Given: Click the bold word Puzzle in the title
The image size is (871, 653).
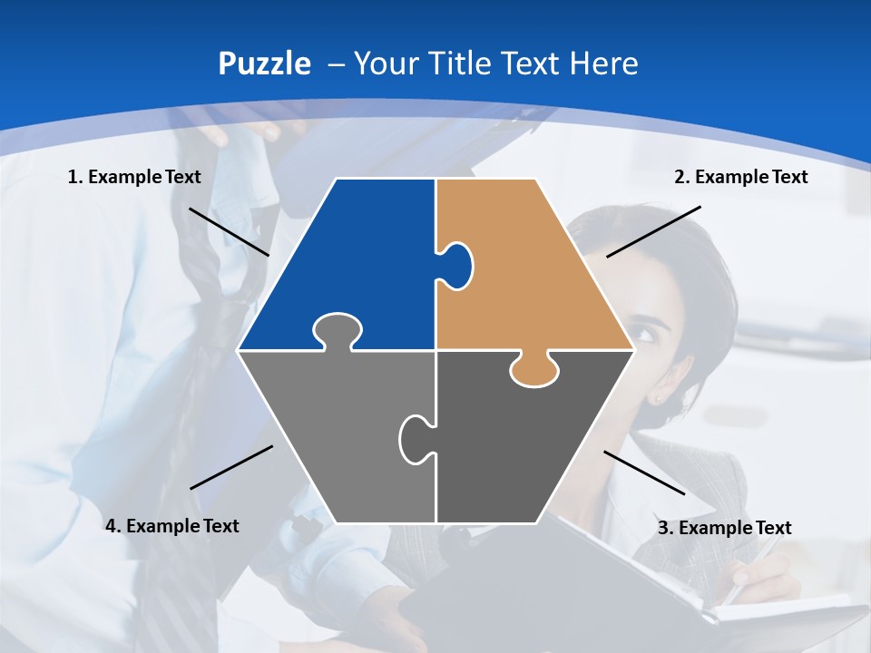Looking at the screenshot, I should [264, 63].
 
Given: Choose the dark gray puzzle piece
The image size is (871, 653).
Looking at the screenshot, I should [526, 435].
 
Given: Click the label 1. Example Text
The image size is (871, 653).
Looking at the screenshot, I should [134, 177].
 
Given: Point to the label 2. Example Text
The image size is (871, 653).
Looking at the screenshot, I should [740, 177].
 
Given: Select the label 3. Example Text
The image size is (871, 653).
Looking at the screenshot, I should [724, 528].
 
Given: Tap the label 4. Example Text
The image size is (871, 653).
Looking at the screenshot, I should [172, 526].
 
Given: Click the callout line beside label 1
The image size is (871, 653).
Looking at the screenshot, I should [229, 231].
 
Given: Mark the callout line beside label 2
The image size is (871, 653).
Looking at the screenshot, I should [653, 231].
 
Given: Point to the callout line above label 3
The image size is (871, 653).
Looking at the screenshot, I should [644, 473].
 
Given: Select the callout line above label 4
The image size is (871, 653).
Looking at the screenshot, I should [231, 467].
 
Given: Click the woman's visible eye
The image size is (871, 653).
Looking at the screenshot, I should [646, 333].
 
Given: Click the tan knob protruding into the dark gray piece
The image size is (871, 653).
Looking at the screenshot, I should [533, 370].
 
